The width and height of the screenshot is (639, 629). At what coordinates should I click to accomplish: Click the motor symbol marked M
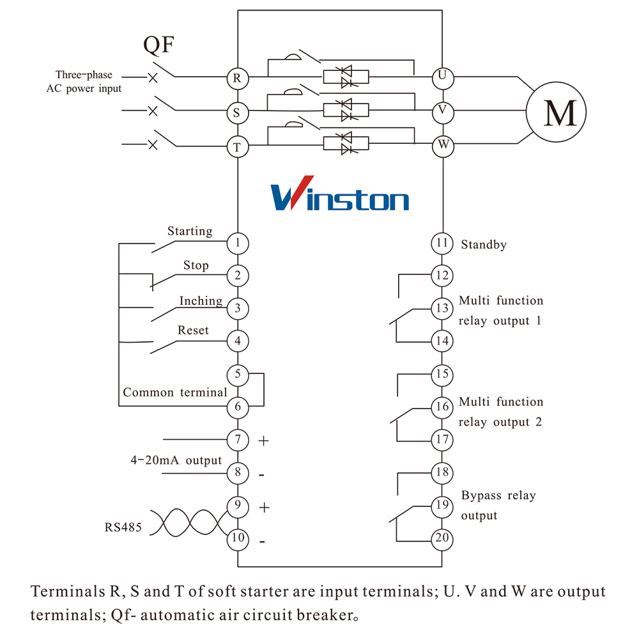550,113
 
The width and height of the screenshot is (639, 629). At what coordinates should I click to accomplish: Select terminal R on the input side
237,78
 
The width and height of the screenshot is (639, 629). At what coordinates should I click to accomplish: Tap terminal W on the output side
442,145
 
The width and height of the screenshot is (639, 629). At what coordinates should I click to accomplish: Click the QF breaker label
158,45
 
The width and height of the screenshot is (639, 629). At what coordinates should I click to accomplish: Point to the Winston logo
340,194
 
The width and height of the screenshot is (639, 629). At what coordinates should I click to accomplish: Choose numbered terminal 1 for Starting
237,243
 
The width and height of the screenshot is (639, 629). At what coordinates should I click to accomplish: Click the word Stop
196,265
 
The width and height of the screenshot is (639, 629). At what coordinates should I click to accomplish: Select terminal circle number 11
442,243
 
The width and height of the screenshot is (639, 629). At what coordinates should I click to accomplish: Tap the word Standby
484,244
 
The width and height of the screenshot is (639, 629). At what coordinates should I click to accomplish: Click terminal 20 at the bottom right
442,538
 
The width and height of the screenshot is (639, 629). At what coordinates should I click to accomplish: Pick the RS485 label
123,528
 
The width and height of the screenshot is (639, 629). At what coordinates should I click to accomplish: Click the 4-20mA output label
176,460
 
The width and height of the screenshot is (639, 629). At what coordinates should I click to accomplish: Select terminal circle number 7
237,440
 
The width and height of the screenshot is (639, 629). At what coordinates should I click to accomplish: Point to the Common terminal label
175,392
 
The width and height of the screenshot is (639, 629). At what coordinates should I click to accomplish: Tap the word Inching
201,301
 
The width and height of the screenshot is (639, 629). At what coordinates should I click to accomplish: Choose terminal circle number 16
442,407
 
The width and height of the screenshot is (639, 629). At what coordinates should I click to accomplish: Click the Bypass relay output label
498,505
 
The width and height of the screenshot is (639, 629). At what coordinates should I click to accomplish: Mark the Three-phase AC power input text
84,82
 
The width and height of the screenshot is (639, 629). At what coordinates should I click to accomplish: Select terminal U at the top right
442,77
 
